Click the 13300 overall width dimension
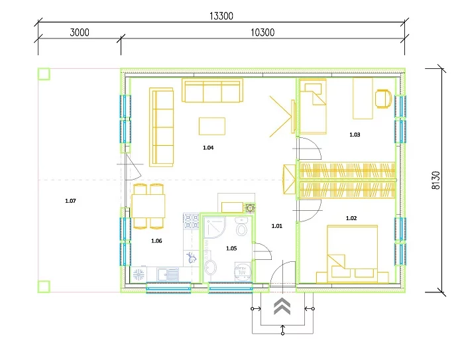click(x=221, y=16)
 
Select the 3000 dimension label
click(x=80, y=32)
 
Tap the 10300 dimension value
click(x=262, y=32)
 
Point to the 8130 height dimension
click(x=436, y=180)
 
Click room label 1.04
click(x=208, y=147)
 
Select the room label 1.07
click(x=70, y=201)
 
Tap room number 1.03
click(x=355, y=135)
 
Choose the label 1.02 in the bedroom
click(x=351, y=218)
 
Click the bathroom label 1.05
click(x=231, y=248)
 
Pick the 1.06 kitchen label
click(x=156, y=241)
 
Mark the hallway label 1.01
click(x=277, y=226)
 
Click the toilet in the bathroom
click(x=241, y=227)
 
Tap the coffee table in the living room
click(x=212, y=126)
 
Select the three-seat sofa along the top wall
click(x=213, y=90)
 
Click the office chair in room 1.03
click(x=384, y=99)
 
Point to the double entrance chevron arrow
click(x=282, y=306)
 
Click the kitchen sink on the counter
click(x=168, y=274)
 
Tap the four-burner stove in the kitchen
click(x=191, y=221)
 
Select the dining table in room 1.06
click(x=148, y=206)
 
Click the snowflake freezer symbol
click(x=138, y=274)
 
